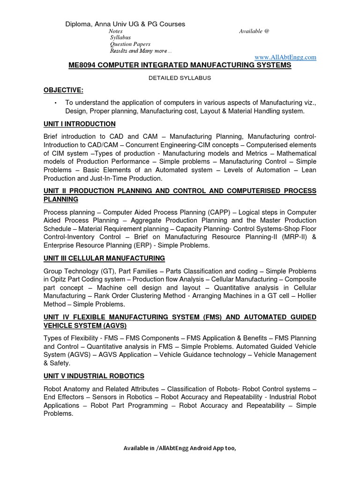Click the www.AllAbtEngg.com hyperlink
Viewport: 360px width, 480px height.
(285, 57)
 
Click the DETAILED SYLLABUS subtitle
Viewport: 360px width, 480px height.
(180, 78)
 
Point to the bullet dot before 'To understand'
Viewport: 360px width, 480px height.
(56, 103)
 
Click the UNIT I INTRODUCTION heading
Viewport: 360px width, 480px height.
(79, 124)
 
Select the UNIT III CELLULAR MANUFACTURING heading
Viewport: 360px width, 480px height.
(104, 258)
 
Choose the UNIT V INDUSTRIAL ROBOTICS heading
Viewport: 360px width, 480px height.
(94, 376)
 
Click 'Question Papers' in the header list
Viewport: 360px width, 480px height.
(130, 44)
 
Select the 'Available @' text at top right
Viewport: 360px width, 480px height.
(254, 31)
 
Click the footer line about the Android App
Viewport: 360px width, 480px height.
(180, 448)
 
